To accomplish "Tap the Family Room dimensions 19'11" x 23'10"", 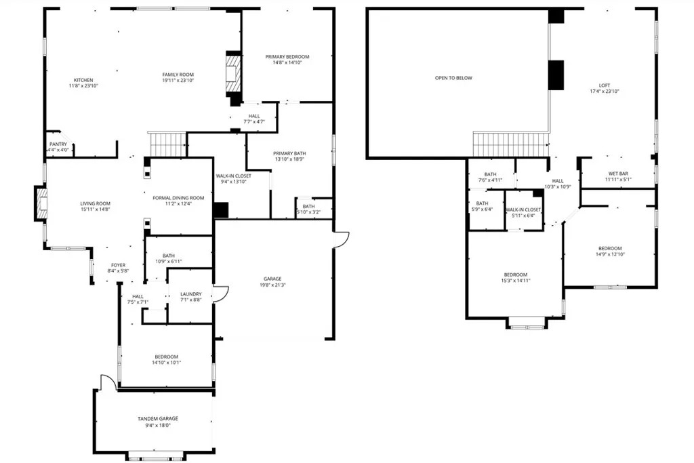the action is pos(178,81).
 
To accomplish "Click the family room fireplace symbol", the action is pos(233,73).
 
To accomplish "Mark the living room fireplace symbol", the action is pos(41,203).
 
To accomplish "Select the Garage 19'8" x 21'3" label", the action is pos(272,282).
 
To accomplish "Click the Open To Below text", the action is pos(453,78).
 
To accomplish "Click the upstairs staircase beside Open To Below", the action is pos(511,144).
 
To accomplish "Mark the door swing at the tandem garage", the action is pos(108,382).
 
